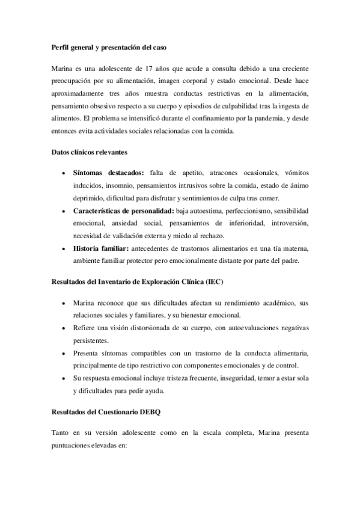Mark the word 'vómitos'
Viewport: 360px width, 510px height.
(296, 173)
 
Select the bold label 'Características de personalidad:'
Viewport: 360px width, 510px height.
(123, 211)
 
